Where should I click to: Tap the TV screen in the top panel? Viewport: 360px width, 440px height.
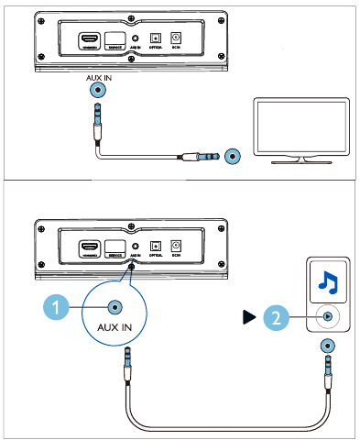(x=299, y=127)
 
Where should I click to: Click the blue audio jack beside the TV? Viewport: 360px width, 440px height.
(x=234, y=157)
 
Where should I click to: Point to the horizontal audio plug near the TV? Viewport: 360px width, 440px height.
(x=202, y=157)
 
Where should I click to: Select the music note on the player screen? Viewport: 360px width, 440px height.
(x=326, y=280)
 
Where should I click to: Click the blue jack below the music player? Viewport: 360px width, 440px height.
(x=327, y=347)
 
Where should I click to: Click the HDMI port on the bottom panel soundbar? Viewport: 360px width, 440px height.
(x=89, y=247)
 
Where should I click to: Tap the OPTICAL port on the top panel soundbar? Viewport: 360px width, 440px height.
(x=156, y=38)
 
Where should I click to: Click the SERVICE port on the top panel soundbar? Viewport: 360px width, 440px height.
(x=114, y=38)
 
